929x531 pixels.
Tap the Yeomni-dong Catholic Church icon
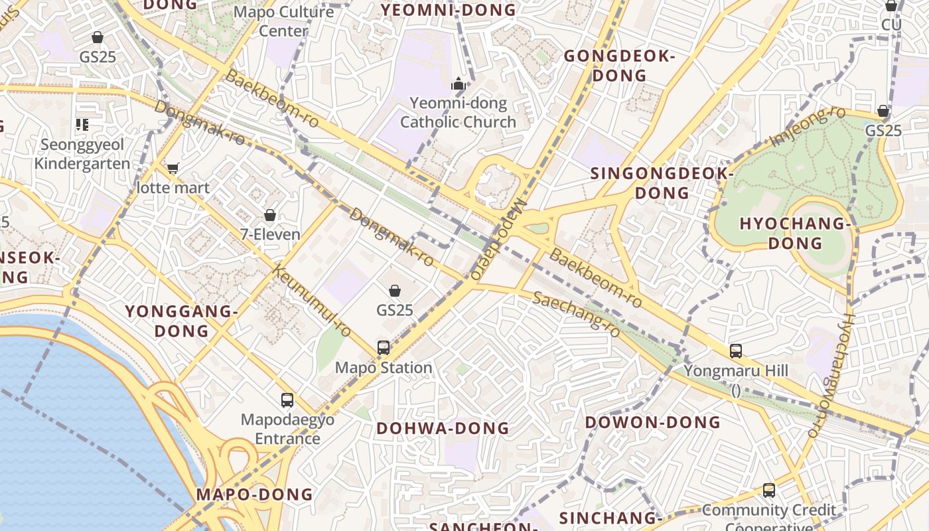458,84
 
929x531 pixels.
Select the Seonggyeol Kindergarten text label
82,154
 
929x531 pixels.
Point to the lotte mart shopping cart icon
173,169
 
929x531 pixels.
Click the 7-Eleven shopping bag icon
270,215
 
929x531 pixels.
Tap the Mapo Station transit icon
384,347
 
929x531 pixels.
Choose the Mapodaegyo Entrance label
287,429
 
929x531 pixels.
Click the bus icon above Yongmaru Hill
735,350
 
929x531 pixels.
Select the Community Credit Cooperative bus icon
768,491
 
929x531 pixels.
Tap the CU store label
891,25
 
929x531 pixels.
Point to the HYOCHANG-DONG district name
795,233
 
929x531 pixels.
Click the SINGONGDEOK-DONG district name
662,183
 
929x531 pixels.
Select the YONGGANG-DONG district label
181,321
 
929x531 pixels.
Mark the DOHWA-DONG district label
443,428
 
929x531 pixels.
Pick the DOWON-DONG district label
652,422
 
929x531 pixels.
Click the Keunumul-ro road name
311,301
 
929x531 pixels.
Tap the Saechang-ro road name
576,313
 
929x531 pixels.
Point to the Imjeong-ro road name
800,127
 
